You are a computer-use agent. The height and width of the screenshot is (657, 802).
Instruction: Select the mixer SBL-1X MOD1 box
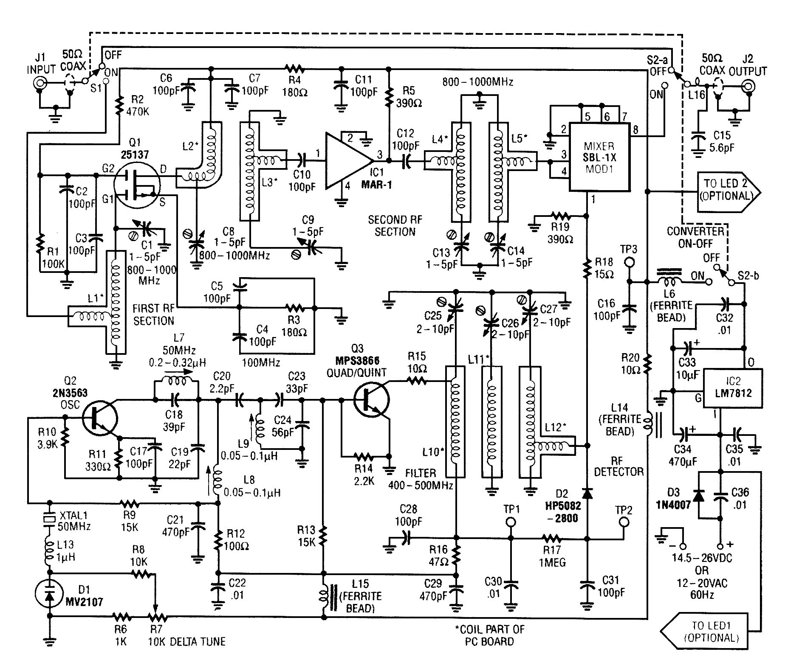click(x=599, y=157)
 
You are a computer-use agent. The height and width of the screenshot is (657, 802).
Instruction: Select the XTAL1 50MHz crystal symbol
click(x=50, y=519)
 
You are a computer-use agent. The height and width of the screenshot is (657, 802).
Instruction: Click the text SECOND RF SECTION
click(x=395, y=226)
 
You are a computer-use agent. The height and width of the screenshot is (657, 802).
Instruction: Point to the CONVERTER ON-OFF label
click(x=695, y=237)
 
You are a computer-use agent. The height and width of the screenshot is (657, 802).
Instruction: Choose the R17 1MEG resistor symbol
click(x=552, y=539)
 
